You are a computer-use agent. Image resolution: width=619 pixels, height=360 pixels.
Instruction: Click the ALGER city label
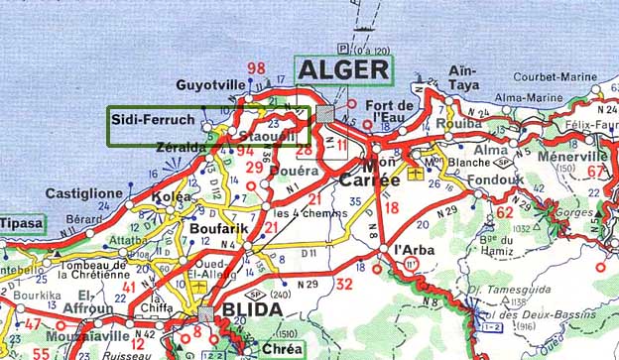click(x=343, y=69)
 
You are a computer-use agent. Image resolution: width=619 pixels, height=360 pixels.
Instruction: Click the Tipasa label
click(x=22, y=223)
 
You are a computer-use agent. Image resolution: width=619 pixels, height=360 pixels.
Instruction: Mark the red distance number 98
click(x=257, y=68)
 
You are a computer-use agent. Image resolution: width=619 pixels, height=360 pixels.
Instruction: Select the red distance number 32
click(x=344, y=284)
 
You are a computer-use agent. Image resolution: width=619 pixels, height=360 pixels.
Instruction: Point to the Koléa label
click(x=165, y=196)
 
